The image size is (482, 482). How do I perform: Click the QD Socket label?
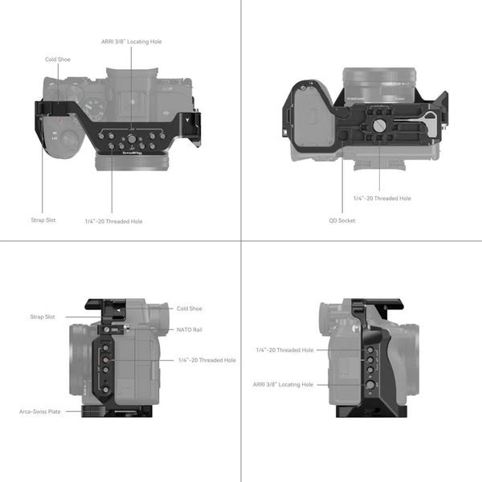[x=342, y=220]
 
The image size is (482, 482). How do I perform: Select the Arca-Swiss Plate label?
[x=40, y=411]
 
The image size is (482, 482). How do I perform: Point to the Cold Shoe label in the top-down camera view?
[x=58, y=59]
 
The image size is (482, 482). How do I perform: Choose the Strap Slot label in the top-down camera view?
[x=43, y=218]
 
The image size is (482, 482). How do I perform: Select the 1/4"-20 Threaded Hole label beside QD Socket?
[x=382, y=198]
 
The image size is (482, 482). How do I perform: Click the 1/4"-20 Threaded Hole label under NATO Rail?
[x=206, y=360]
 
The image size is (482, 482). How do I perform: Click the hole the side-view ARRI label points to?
[x=370, y=385]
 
